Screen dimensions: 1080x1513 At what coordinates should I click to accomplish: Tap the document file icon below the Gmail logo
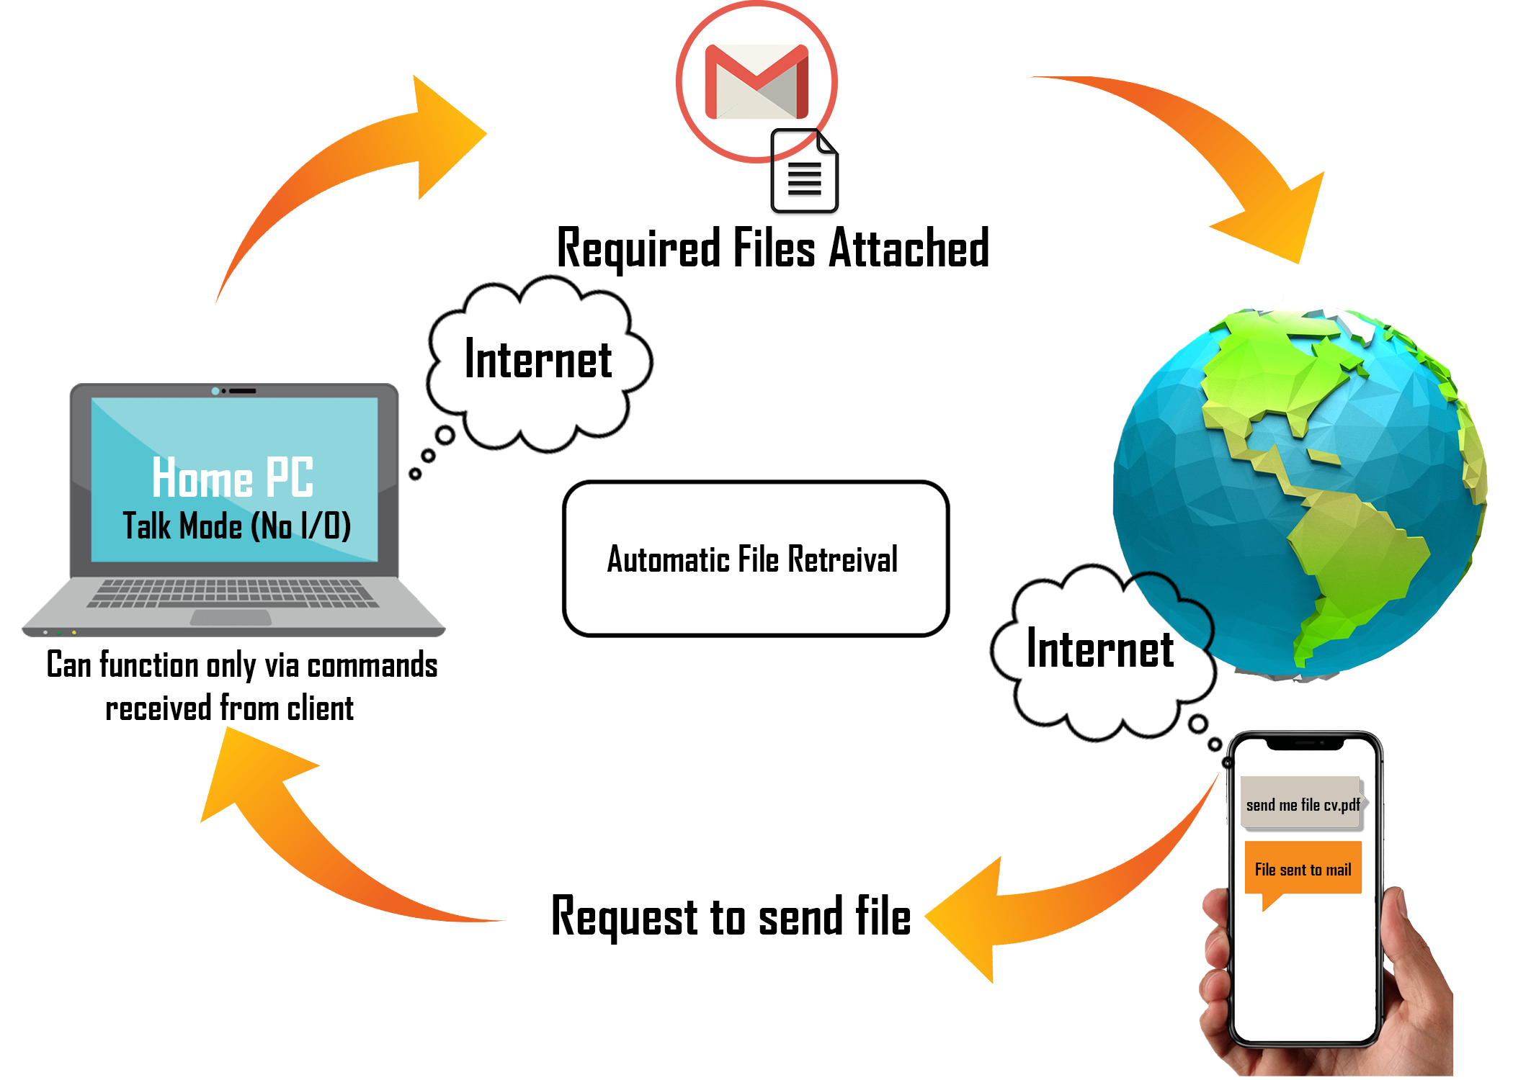click(x=804, y=172)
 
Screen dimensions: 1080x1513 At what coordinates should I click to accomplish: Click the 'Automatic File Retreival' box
click(x=755, y=559)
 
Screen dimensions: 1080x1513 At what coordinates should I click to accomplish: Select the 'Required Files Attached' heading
click(x=772, y=248)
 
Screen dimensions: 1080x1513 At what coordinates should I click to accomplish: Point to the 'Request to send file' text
click(x=731, y=917)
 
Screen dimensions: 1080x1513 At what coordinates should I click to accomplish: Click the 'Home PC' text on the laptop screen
click(x=233, y=477)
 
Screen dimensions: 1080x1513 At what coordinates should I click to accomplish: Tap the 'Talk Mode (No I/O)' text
click(x=236, y=526)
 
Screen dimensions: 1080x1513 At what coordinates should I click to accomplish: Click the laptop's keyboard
click(x=233, y=593)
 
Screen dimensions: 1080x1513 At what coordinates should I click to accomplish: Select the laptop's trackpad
click(x=231, y=618)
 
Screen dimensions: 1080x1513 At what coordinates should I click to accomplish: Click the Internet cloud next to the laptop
click(x=538, y=360)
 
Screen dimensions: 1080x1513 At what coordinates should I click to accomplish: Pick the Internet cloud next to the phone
click(x=1100, y=650)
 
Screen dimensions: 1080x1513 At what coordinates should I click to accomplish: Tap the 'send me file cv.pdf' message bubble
click(x=1302, y=804)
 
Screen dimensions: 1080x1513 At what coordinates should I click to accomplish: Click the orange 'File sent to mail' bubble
click(x=1303, y=868)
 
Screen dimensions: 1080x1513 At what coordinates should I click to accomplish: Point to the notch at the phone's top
click(x=1305, y=744)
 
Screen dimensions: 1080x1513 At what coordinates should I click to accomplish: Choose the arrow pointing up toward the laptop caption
click(x=303, y=828)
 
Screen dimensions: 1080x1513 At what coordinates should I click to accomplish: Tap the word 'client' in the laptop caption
click(x=320, y=708)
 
